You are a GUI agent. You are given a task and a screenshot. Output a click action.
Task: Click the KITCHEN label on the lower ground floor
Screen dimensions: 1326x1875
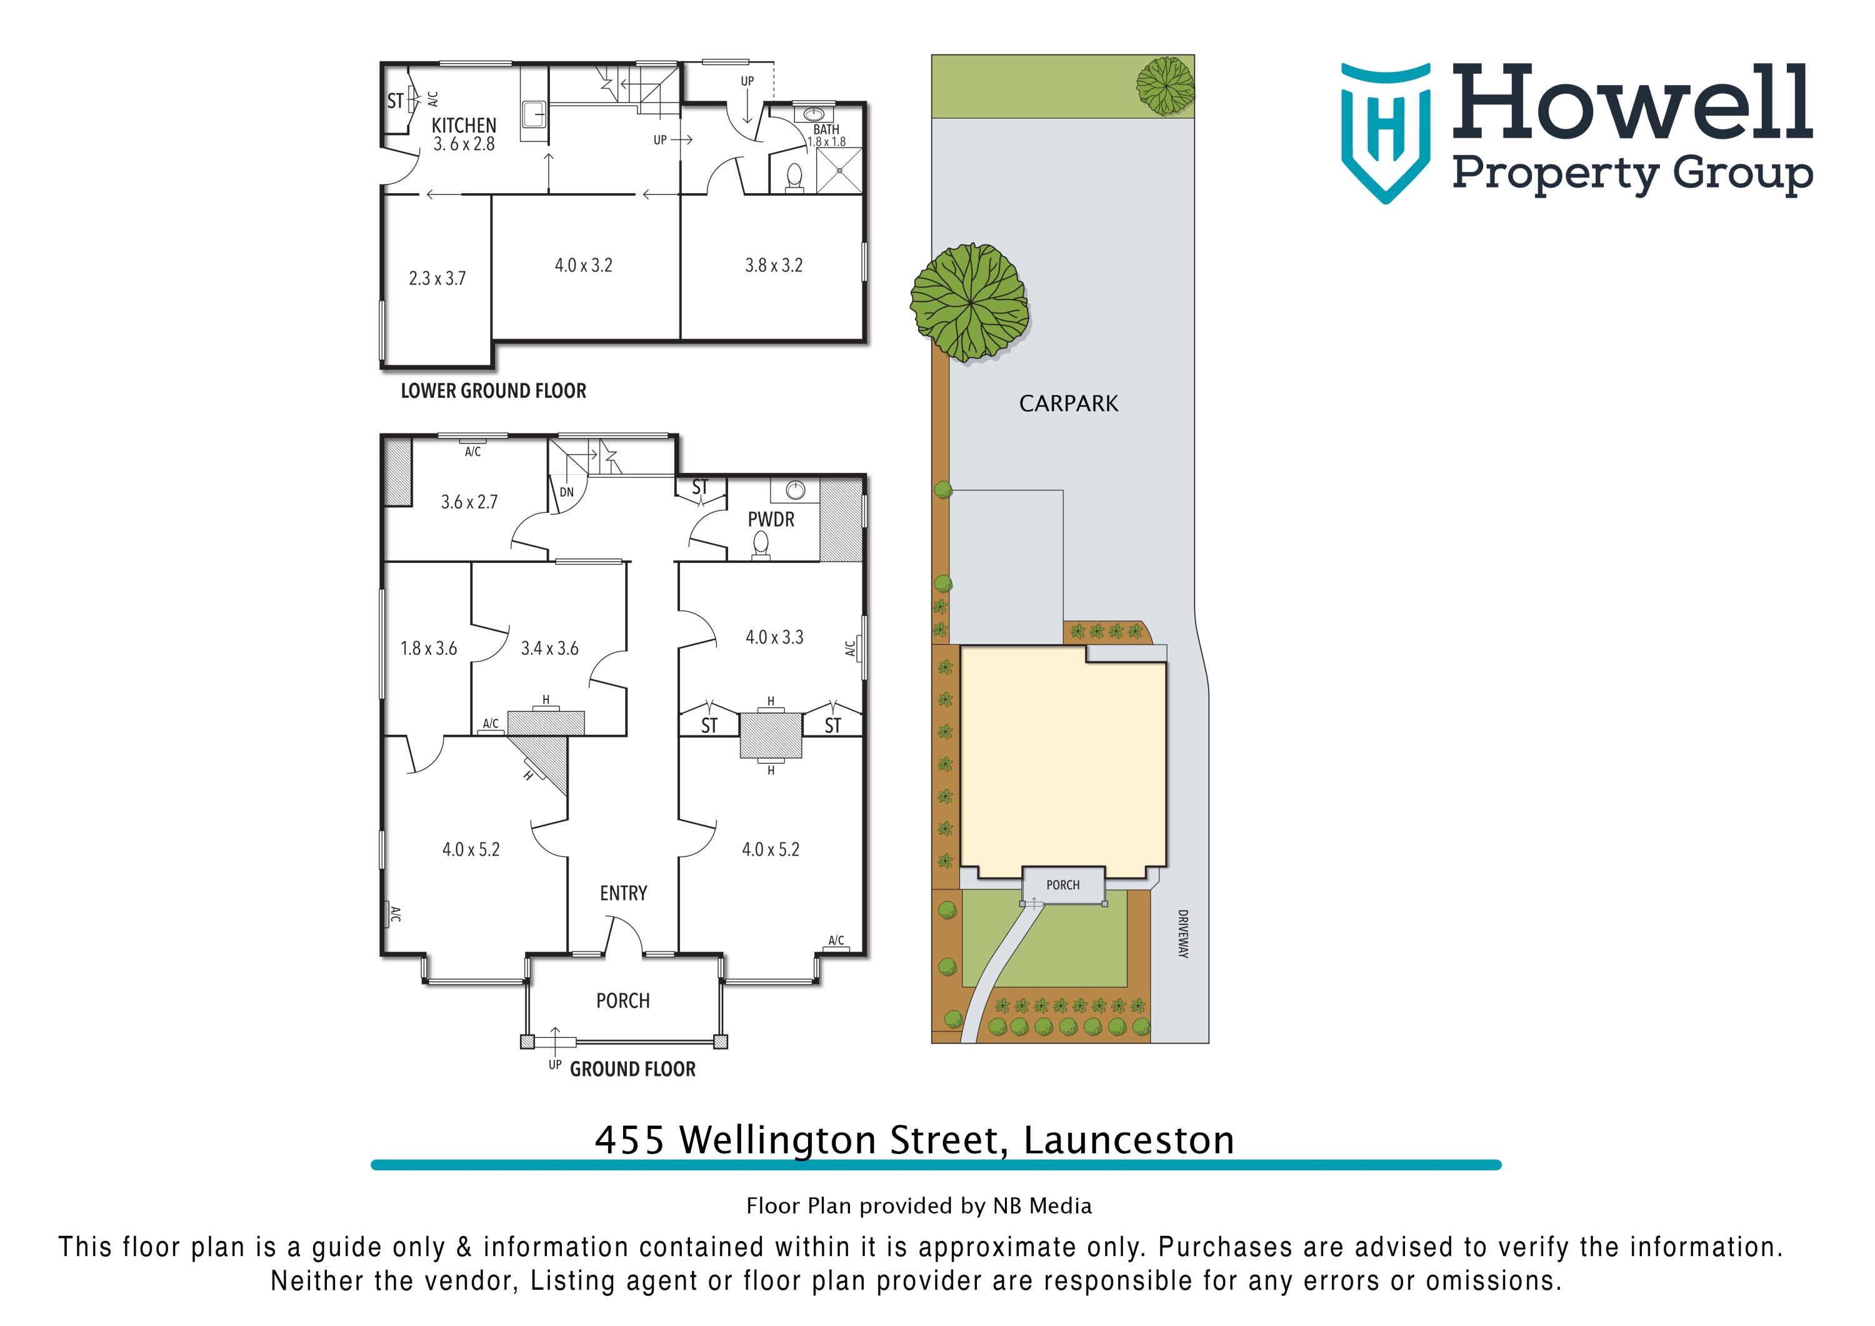(463, 125)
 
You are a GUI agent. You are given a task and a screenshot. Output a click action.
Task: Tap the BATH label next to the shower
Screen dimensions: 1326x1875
(826, 129)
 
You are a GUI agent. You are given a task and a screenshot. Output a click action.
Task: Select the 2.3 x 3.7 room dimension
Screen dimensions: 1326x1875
(437, 278)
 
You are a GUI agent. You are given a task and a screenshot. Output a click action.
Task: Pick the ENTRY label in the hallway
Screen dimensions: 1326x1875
(623, 893)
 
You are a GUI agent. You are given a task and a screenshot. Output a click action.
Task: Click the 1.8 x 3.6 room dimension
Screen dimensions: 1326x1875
(428, 649)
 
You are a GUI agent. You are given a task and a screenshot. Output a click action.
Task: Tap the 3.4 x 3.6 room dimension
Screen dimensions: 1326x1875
(549, 649)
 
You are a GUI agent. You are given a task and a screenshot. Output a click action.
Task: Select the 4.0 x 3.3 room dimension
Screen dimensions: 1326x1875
(774, 637)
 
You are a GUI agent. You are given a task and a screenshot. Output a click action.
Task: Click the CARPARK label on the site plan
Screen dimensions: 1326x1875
(1068, 403)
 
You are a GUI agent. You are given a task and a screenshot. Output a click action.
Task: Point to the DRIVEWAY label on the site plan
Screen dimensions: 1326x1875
(1182, 933)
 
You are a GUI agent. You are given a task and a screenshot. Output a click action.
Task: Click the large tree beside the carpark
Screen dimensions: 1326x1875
(969, 302)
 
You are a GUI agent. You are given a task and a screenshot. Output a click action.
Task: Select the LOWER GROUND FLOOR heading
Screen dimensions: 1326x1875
(493, 390)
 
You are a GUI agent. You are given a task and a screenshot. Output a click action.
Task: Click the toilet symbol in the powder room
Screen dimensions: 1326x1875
(760, 544)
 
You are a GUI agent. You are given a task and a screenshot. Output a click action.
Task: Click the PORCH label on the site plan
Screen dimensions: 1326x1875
(1062, 885)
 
